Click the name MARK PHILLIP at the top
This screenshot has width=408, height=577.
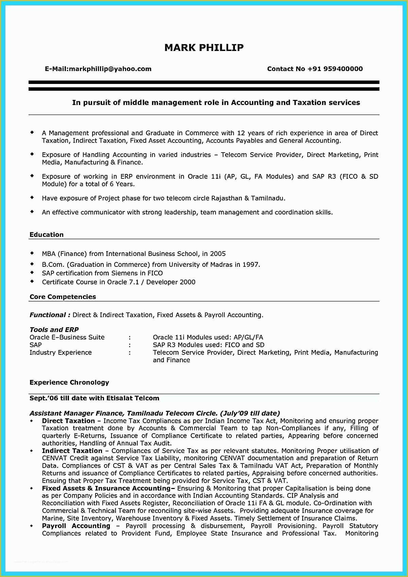tap(204, 48)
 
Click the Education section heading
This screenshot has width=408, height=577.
tap(47, 234)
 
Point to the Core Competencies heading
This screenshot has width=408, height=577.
tap(63, 297)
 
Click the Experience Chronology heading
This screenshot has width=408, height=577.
tap(69, 382)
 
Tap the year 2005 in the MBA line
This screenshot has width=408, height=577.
tap(218, 253)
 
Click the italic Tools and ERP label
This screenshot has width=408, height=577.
tap(54, 330)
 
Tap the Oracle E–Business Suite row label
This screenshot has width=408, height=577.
tap(67, 337)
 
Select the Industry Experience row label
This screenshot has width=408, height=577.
tap(61, 352)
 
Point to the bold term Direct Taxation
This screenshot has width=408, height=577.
tap(68, 421)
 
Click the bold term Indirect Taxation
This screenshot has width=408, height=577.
tap(72, 451)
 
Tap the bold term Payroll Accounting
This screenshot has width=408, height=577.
tap(76, 526)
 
